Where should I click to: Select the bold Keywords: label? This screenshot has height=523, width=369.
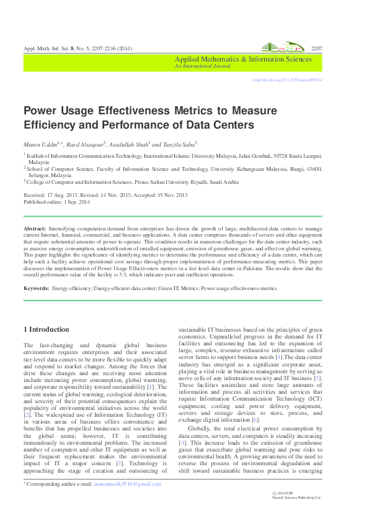tap(36, 288)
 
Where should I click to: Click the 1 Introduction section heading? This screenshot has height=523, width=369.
tap(47, 329)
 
